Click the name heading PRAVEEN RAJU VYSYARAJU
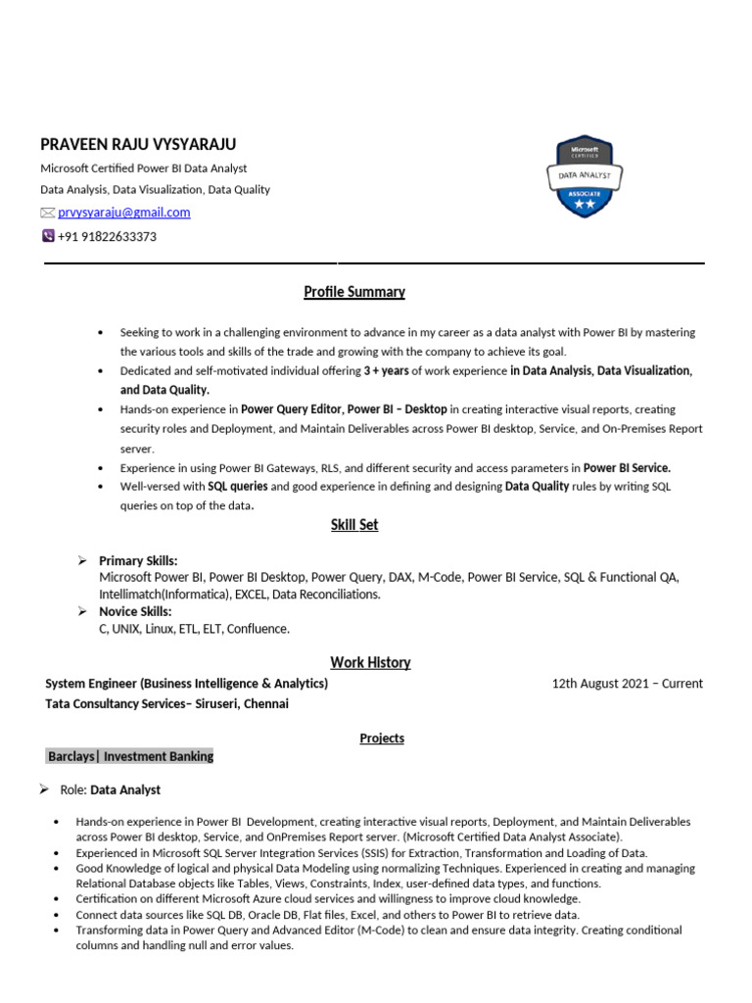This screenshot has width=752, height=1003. (138, 144)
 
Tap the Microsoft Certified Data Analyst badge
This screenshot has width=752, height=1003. (584, 176)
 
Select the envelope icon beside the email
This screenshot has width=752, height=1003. (47, 213)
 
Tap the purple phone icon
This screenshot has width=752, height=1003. (48, 236)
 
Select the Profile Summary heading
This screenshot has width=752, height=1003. (353, 292)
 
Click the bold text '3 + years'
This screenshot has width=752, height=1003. (386, 371)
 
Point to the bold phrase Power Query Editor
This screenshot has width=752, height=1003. (292, 409)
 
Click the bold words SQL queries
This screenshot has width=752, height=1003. (238, 486)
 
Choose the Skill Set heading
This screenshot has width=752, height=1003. (353, 525)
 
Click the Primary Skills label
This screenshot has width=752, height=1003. (138, 561)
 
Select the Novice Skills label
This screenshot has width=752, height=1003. (135, 611)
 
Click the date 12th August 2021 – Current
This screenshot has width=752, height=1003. (627, 684)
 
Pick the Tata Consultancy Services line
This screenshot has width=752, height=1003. (166, 703)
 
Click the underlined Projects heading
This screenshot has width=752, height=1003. (382, 738)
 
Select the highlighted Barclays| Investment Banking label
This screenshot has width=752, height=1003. (129, 756)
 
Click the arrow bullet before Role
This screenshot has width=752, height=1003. (44, 789)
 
